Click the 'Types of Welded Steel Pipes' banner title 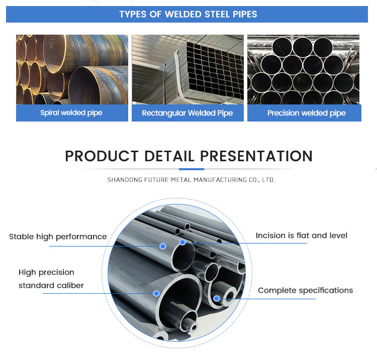[189, 15]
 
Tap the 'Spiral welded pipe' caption [71, 113]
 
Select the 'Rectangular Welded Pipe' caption [187, 113]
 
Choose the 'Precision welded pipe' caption [307, 113]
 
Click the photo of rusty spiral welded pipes [72, 69]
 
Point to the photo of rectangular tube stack [187, 69]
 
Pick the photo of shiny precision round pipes [304, 69]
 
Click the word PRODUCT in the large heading [102, 156]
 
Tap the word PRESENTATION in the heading [256, 156]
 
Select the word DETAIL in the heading [169, 156]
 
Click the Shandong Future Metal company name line [192, 180]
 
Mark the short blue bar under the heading [192, 169]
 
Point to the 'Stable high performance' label [58, 237]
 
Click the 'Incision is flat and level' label [302, 235]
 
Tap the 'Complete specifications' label [305, 290]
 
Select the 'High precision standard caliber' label [51, 279]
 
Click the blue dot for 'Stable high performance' [163, 246]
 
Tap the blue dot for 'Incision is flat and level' [183, 243]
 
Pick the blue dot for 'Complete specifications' [217, 299]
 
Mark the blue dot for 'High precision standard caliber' [156, 293]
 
